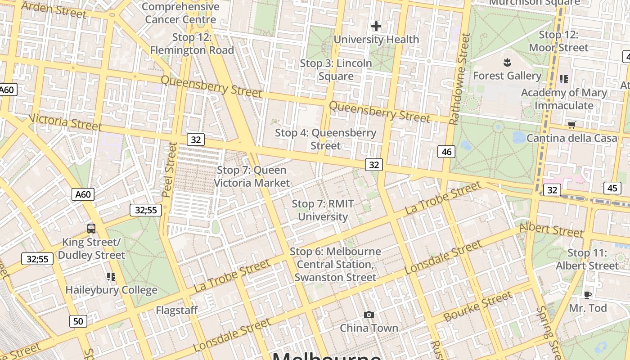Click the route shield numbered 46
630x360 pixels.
446,152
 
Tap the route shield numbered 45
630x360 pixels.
612,188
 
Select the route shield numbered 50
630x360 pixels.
78,321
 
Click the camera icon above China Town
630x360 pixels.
369,315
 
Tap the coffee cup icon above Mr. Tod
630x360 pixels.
587,295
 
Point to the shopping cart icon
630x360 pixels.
571,125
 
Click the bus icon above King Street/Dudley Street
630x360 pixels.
91,228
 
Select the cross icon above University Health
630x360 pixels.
376,27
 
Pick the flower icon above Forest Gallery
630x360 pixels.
507,62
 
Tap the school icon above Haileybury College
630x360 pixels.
111,276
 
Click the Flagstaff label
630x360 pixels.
177,310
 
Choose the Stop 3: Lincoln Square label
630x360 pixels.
336,70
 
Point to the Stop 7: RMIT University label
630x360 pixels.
323,210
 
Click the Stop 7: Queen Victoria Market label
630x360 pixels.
252,176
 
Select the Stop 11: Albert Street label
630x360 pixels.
587,259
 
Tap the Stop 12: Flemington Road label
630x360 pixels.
192,44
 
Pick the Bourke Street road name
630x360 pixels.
477,306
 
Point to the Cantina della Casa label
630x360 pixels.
572,138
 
